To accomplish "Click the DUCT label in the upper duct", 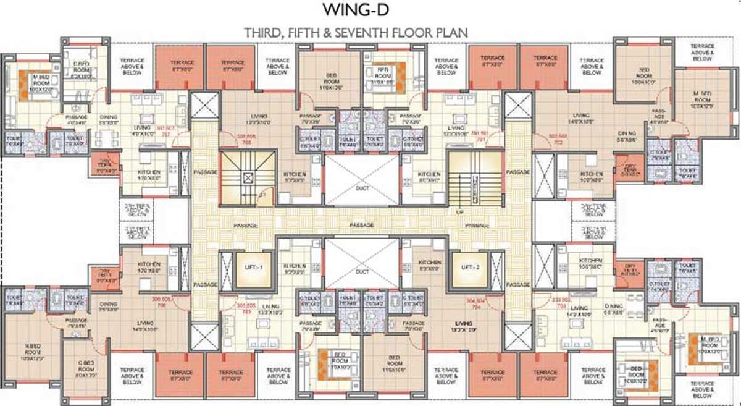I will (362, 188).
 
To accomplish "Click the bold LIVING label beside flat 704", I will (463, 323).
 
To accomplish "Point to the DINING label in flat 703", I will (613, 307).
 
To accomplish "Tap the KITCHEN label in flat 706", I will (149, 264).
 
